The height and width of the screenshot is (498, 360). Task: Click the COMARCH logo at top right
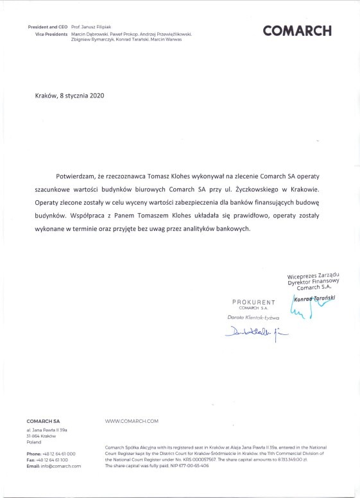click(297, 30)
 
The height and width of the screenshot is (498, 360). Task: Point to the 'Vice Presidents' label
click(50, 33)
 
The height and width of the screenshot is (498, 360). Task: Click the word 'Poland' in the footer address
click(34, 442)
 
